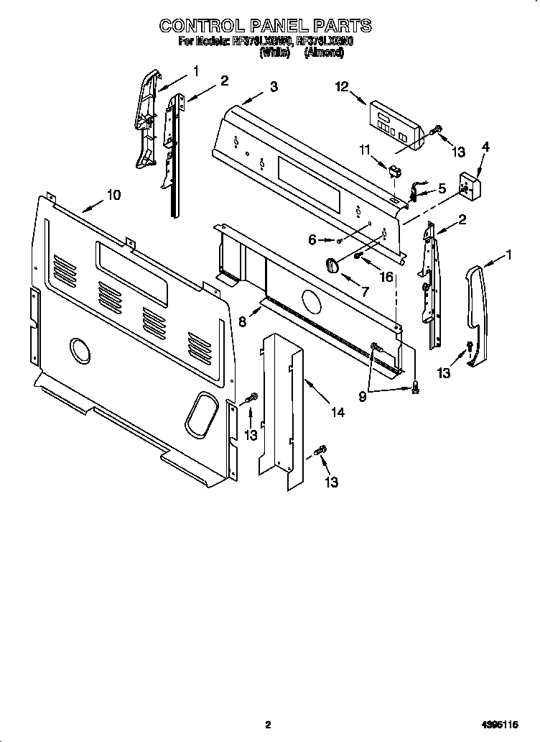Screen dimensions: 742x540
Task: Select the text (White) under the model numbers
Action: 274,52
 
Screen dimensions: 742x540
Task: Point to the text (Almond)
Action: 328,52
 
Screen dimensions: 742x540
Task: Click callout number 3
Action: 274,87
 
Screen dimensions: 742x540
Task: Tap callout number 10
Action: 113,194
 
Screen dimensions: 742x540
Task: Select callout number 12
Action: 341,86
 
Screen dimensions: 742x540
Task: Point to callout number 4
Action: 485,147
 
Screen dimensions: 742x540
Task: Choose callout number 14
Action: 337,412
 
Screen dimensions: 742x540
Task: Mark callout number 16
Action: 386,277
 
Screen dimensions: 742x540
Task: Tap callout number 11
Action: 364,150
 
